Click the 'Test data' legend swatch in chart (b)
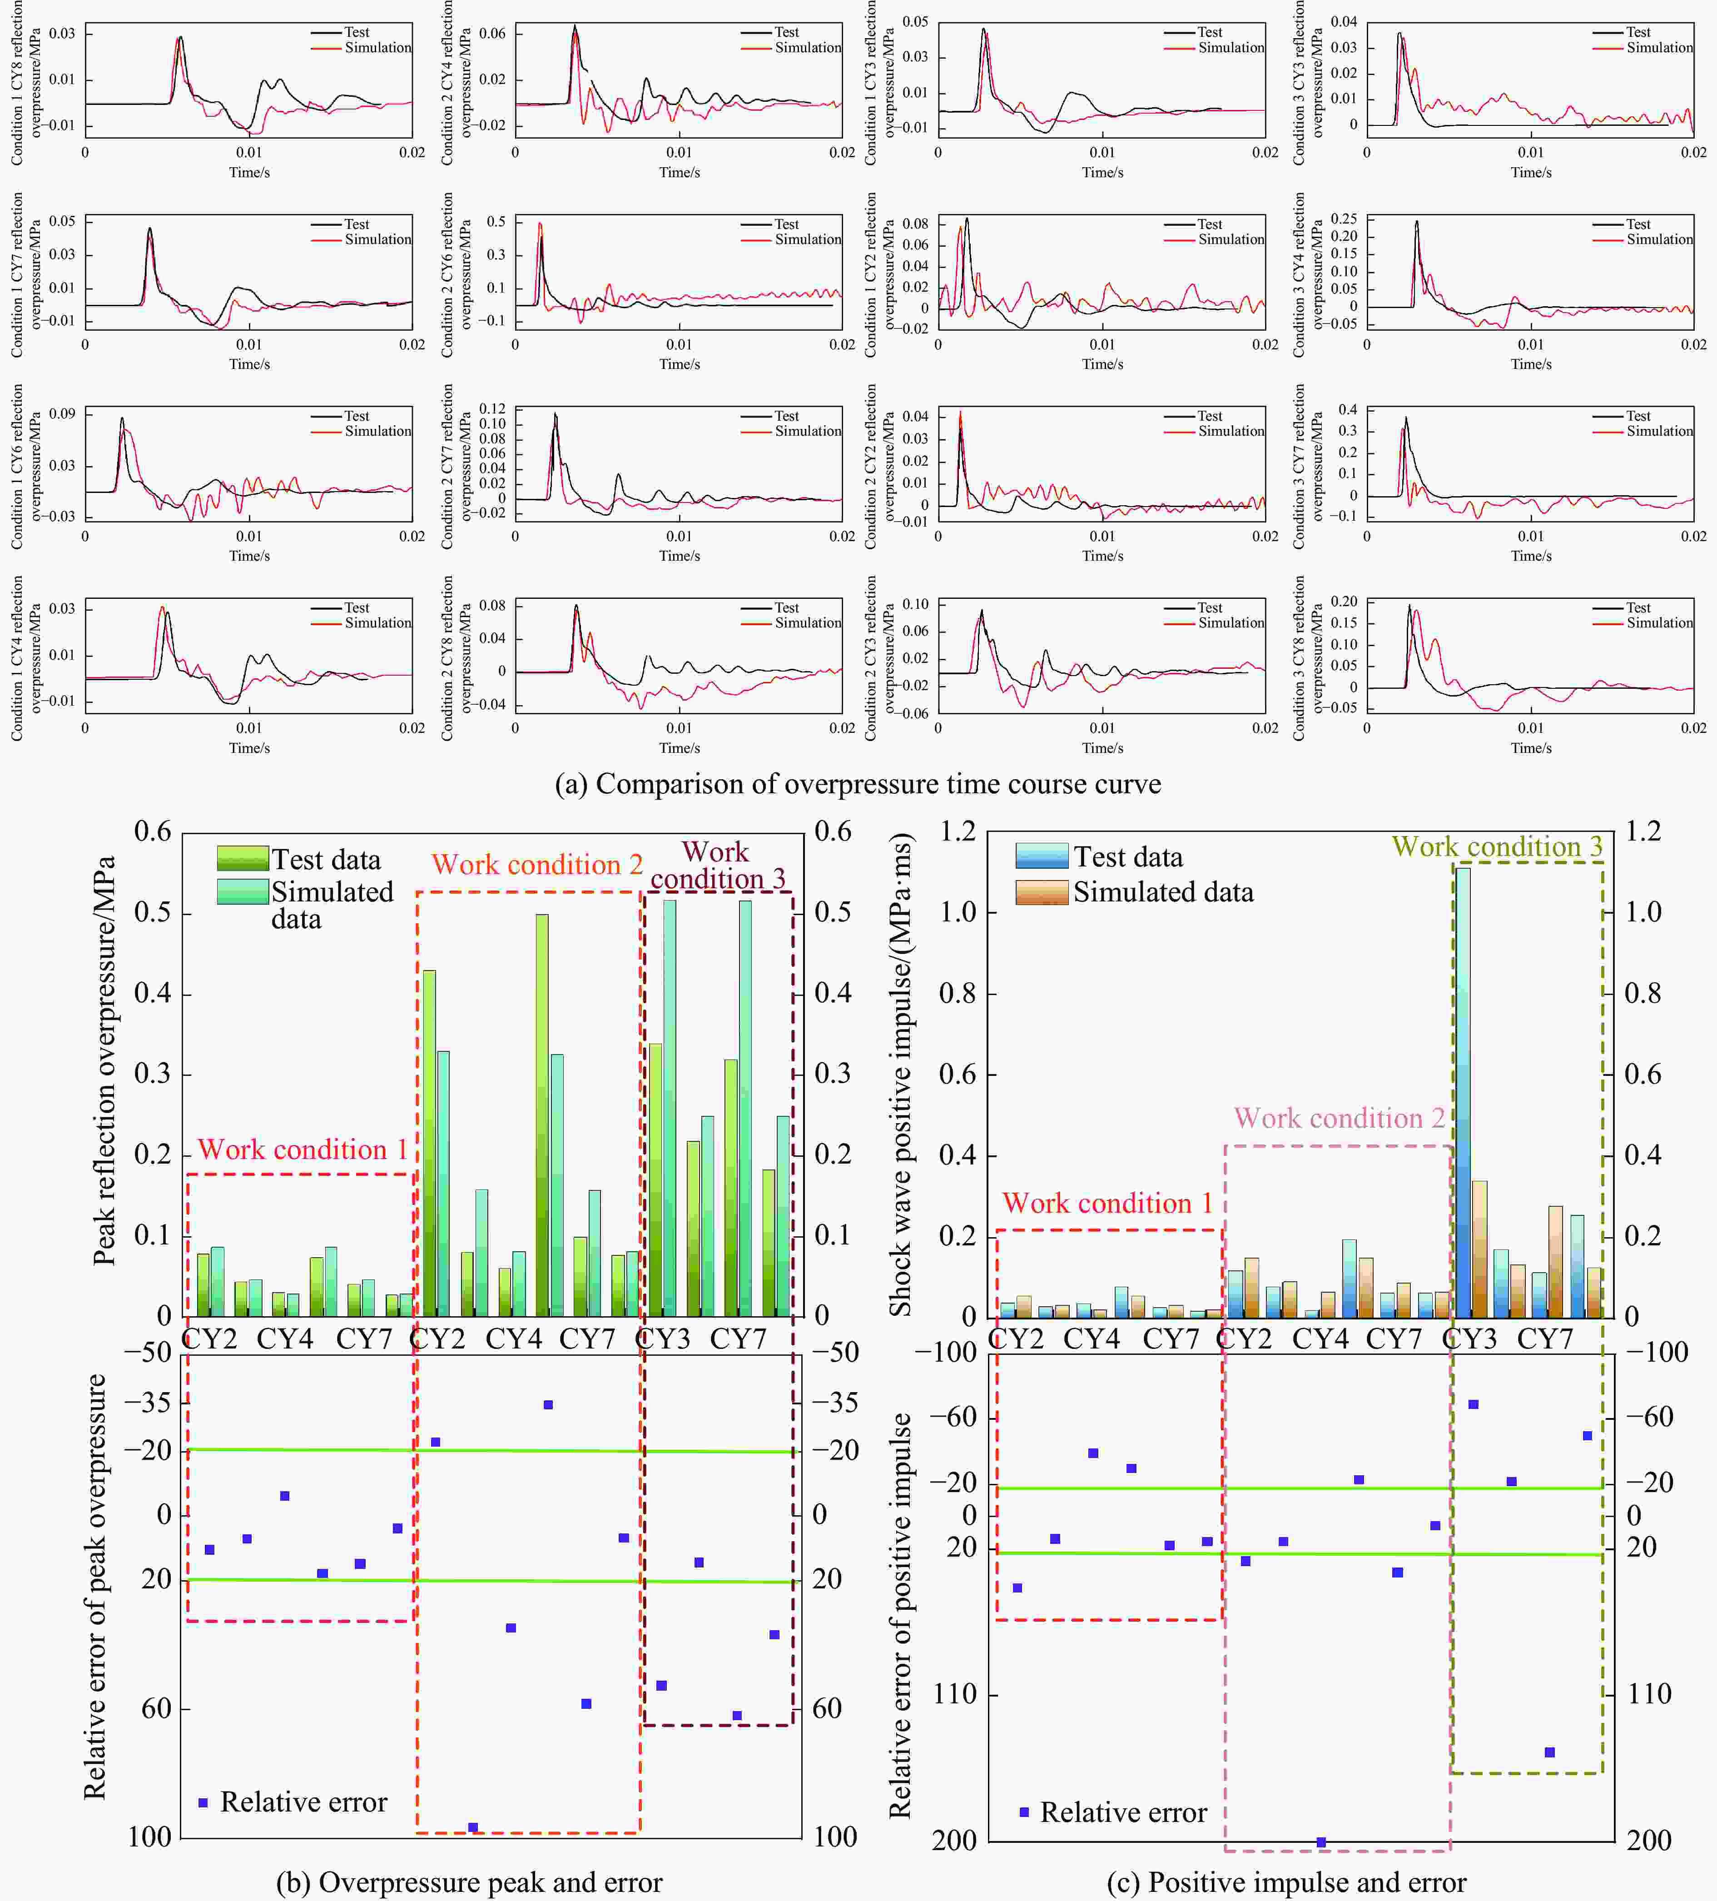coord(242,858)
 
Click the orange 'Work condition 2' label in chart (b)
coord(536,865)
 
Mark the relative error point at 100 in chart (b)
coord(473,1826)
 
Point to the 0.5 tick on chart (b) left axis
coord(153,913)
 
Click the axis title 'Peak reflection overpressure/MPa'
coord(104,1061)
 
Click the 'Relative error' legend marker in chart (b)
coord(203,1802)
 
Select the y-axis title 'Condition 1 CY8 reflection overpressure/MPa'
coord(26,83)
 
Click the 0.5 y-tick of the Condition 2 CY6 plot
coord(496,222)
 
